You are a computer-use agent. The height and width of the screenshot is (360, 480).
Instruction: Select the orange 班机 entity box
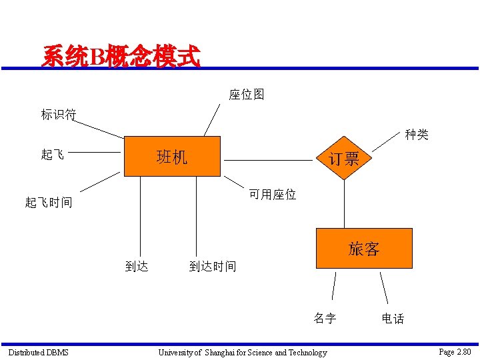coord(172,156)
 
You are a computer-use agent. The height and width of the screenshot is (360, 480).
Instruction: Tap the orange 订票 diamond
coord(344,158)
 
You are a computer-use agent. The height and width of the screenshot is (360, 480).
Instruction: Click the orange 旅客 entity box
coord(364,249)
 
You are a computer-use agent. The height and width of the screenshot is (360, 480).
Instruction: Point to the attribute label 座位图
coord(247,95)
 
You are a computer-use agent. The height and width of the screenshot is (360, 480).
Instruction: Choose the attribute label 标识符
coord(59,115)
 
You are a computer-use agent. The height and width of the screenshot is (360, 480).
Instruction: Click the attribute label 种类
coord(417,135)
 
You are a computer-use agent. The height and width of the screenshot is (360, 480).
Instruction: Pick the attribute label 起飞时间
coord(49,202)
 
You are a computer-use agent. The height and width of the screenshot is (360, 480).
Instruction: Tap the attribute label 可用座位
coord(273,195)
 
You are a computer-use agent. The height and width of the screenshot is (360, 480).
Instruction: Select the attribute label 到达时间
coord(213,267)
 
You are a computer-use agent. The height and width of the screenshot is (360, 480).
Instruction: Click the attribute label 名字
coord(325,318)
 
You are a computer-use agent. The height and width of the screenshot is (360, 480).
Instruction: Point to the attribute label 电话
coord(393,319)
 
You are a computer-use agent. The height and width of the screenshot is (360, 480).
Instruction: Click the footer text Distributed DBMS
coord(38,352)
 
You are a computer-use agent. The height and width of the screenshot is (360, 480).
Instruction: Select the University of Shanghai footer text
coord(243,352)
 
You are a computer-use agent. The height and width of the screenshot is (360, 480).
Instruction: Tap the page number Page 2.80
coord(455,351)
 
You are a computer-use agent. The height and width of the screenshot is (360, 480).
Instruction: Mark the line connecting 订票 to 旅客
coord(344,203)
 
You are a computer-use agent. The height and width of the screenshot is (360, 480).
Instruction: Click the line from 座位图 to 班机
coord(212,119)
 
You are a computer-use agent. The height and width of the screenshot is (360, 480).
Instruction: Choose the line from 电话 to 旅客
coord(385,288)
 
